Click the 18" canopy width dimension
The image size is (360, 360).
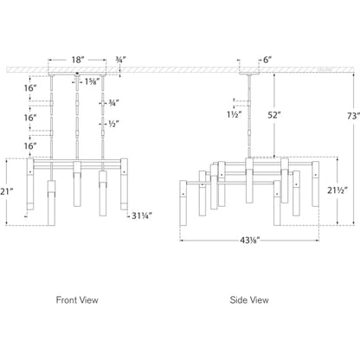pos(78,60)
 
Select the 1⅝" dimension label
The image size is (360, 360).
pos(91,81)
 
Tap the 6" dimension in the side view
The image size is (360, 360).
pos(267,60)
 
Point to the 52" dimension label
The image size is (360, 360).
pos(274,115)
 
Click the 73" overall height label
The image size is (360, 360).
pos(353,116)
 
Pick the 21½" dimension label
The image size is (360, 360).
pos(337,190)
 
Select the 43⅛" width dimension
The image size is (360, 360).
pos(250,240)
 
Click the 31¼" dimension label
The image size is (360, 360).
pos(142,215)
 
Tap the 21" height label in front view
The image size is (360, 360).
pos(6,191)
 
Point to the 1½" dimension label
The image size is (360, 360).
pos(234,114)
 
